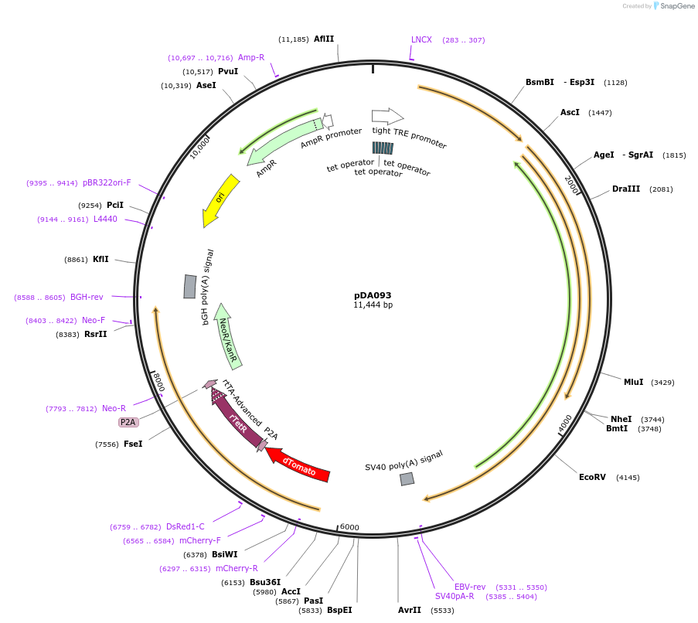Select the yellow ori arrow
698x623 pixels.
click(x=219, y=199)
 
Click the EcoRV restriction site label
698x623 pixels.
click(x=593, y=477)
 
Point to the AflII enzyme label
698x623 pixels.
click(x=324, y=39)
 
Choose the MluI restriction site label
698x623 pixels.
click(x=633, y=382)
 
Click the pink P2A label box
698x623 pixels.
click(x=128, y=422)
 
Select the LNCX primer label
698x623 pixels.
click(x=421, y=39)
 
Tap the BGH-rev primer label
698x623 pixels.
click(x=87, y=297)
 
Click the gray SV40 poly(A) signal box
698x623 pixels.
click(x=407, y=479)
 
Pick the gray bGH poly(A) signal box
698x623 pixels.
click(x=189, y=286)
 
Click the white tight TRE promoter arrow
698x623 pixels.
click(x=387, y=116)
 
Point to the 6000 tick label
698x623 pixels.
click(x=349, y=527)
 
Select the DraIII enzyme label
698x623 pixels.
click(x=626, y=189)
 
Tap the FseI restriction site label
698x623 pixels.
click(x=133, y=444)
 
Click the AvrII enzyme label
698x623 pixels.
click(x=410, y=610)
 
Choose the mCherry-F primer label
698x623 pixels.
click(x=199, y=540)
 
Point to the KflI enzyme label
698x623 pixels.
click(x=100, y=259)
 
